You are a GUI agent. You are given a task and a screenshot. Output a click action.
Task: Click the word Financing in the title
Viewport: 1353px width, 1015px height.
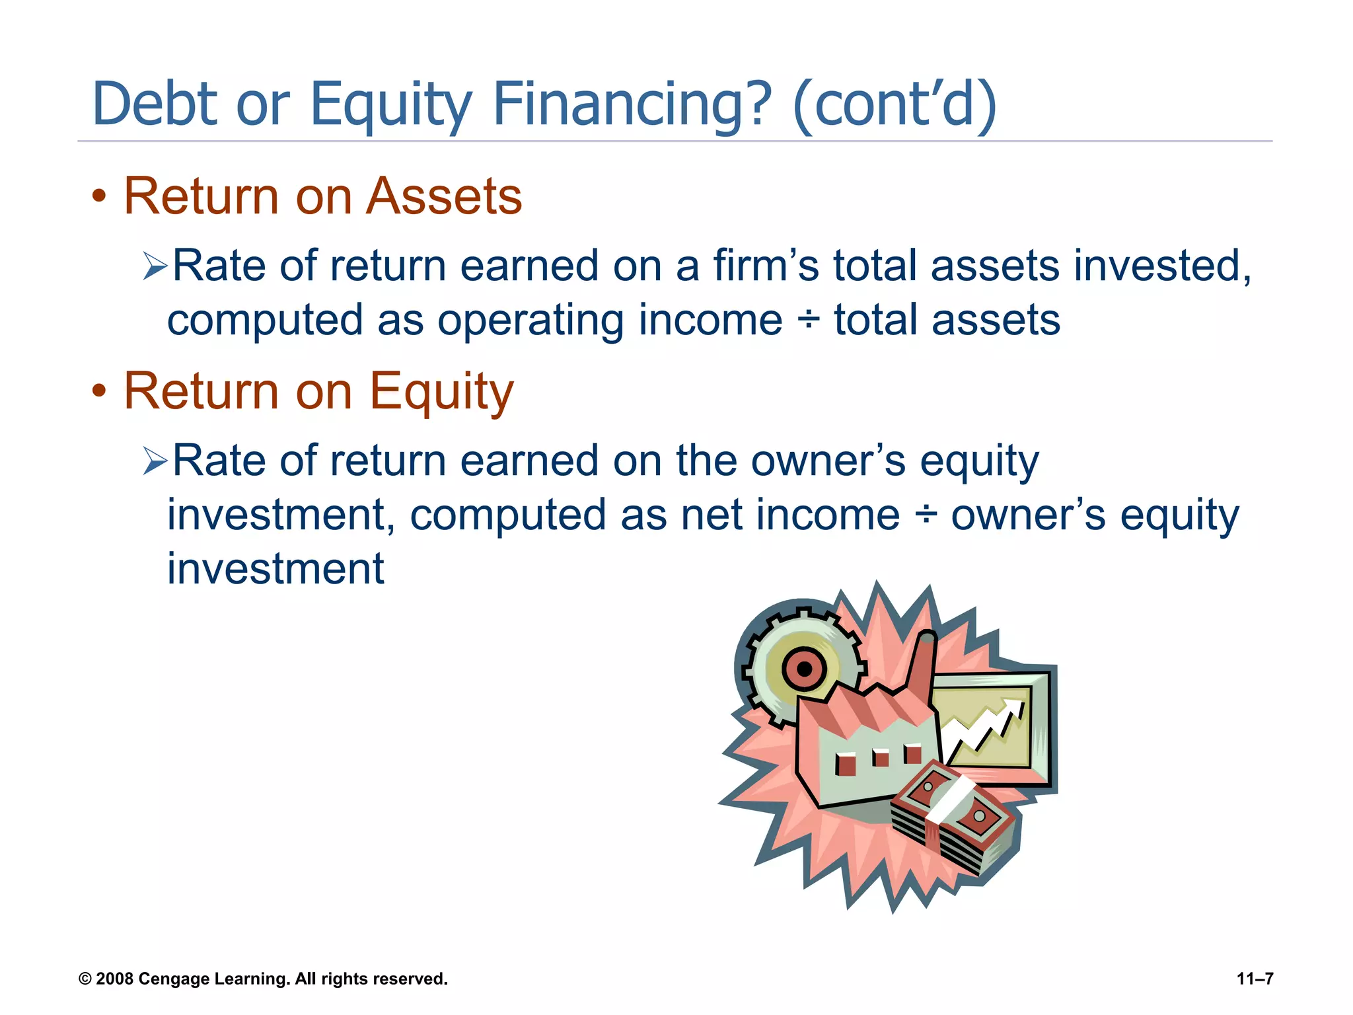point(632,104)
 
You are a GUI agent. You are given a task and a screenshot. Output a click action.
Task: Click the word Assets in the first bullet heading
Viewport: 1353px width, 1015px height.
point(443,196)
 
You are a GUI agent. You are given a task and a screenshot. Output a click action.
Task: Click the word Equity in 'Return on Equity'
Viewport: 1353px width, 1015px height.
point(441,391)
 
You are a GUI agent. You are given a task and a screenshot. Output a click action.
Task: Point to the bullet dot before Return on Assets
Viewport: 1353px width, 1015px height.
point(99,196)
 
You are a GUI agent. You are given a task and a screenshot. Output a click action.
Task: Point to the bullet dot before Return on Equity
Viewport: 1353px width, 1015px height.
point(99,391)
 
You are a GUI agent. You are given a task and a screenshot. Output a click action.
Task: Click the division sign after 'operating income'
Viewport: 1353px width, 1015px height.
point(808,320)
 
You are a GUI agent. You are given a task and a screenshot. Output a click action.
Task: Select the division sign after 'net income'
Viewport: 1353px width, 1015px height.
point(926,515)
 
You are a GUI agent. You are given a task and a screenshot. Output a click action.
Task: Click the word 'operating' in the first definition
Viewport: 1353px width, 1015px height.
point(530,320)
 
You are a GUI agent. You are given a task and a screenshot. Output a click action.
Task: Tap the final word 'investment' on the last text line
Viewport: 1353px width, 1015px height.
point(275,569)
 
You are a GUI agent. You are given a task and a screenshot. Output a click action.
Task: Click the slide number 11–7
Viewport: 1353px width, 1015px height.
point(1255,979)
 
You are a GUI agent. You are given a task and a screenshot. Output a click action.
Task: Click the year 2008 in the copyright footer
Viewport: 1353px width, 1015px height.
point(115,979)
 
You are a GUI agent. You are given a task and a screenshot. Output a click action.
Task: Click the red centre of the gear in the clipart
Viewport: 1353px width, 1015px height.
point(804,669)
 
